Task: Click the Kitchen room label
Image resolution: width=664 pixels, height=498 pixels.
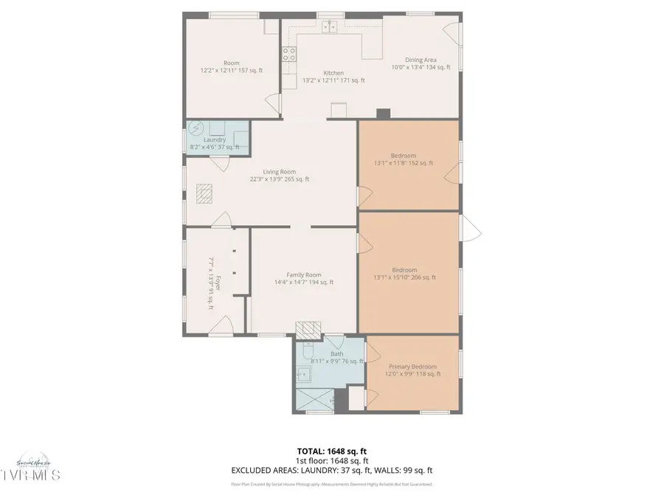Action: tap(333, 73)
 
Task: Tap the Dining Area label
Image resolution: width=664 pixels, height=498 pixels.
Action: tap(420, 60)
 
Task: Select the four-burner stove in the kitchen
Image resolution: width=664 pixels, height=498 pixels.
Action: tap(289, 53)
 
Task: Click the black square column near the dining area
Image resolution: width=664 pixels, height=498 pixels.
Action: tap(382, 114)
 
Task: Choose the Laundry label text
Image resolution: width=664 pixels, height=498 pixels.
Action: tap(215, 139)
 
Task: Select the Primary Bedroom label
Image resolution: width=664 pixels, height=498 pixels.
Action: tap(412, 367)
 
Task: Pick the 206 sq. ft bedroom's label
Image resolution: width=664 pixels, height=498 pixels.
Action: tap(404, 270)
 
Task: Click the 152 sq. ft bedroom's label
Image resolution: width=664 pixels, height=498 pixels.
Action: tap(404, 156)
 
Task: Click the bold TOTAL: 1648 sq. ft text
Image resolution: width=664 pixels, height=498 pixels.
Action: tap(331, 450)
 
